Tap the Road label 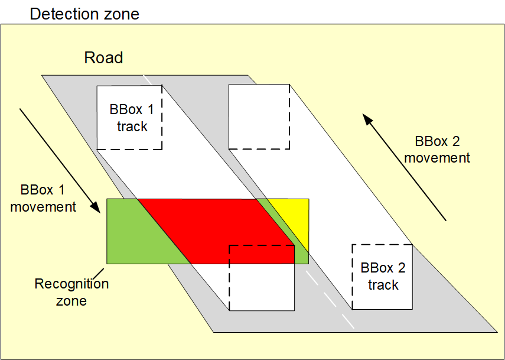(x=103, y=58)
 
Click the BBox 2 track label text (x=383, y=276)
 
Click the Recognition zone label (x=71, y=292)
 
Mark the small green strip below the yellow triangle (x=303, y=256)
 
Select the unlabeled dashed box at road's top (x=259, y=116)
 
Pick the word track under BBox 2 (x=383, y=285)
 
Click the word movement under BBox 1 (x=43, y=207)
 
